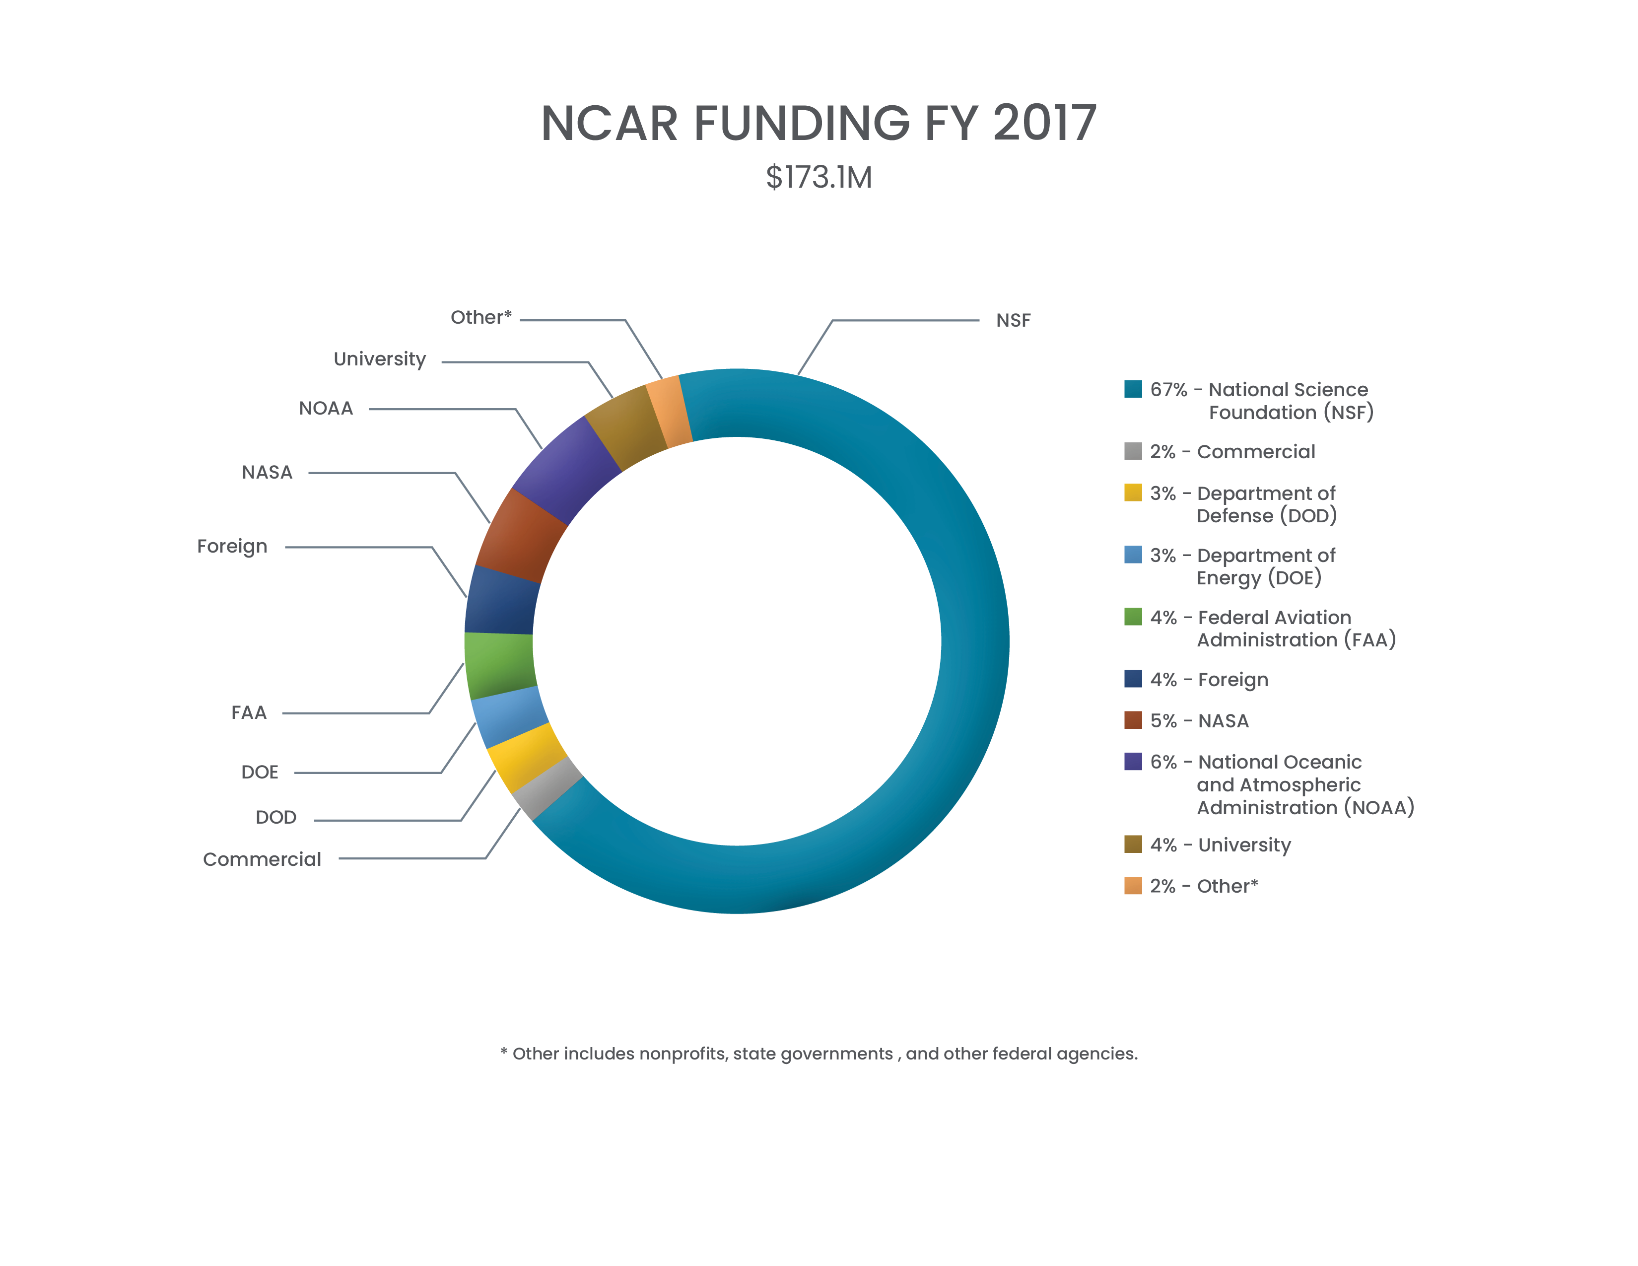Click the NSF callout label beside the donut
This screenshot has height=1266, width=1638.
tap(1013, 320)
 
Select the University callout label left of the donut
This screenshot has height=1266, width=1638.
tap(380, 359)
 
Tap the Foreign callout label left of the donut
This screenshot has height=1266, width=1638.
tap(232, 546)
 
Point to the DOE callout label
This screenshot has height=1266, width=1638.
tap(260, 772)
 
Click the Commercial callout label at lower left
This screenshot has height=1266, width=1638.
tap(262, 859)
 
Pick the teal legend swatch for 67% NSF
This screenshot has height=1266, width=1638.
tap(1133, 389)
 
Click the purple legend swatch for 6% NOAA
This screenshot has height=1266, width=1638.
tap(1133, 761)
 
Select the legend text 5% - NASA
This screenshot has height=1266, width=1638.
tap(1199, 721)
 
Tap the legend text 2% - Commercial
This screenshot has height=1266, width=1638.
tap(1232, 451)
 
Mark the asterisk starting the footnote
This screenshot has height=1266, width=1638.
tap(504, 1052)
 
